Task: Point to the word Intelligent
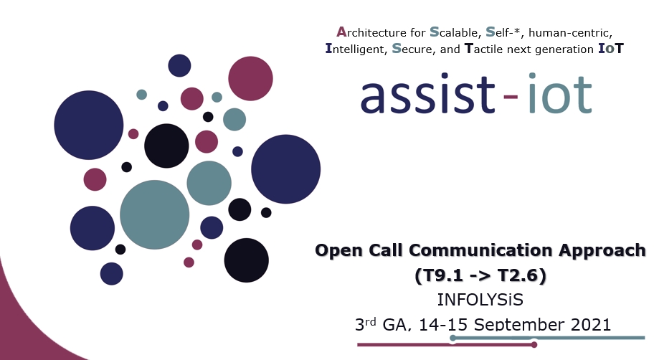355,49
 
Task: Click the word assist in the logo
427,96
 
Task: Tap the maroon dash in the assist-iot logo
511,99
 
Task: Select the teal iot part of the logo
559,96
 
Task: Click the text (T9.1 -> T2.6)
481,275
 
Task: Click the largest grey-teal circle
154,214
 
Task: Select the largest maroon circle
250,78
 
